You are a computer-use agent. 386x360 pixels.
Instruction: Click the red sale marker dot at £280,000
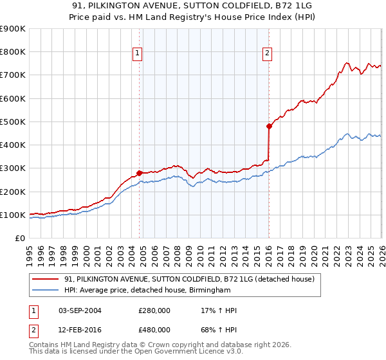tap(139, 173)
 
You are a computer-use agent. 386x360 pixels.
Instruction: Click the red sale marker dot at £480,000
tap(269, 127)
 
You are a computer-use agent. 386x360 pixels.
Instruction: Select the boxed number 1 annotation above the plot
tap(138, 54)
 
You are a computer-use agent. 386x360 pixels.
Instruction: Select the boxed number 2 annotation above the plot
tap(267, 54)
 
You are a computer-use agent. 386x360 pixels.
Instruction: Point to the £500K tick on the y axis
tap(13, 122)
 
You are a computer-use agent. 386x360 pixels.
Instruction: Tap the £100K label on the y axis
tap(13, 215)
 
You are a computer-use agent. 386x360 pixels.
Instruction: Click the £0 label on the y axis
tap(19, 239)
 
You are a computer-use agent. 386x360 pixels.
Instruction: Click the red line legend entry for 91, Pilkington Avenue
tap(188, 279)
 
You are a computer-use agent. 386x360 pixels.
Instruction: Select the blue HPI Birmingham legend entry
tap(147, 291)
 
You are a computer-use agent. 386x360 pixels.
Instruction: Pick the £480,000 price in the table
tap(154, 330)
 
